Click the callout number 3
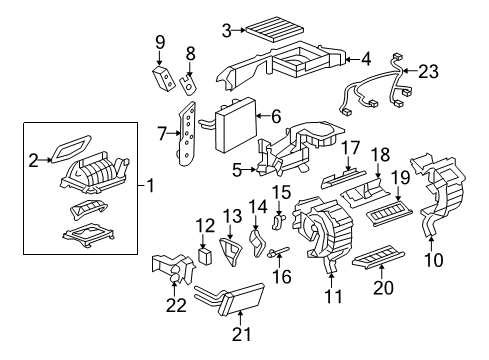point(227,30)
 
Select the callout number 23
point(457,71)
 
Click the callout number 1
point(153,185)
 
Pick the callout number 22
point(176,305)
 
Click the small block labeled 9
point(162,78)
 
